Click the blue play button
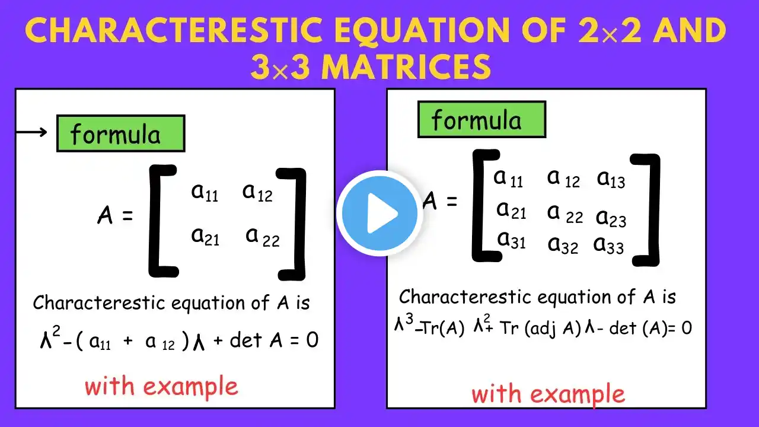379,213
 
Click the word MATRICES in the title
407,66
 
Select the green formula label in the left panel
120,133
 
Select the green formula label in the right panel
482,119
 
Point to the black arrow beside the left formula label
31,132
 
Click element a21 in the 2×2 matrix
205,236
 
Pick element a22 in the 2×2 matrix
263,237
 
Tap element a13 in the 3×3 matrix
611,179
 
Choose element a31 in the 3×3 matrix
511,240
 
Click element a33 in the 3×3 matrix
608,245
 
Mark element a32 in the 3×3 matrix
563,245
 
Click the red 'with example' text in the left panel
161,387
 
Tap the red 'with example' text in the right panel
548,394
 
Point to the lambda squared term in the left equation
50,337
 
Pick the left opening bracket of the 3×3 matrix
483,206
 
